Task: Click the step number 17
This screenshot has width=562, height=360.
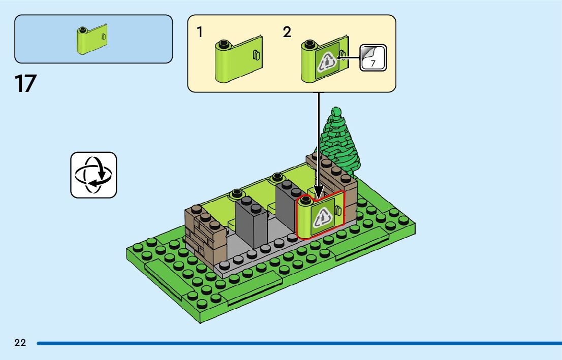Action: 26,84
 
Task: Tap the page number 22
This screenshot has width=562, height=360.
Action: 20,343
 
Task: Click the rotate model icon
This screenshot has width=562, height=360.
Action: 93,175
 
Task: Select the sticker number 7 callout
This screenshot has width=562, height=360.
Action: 373,57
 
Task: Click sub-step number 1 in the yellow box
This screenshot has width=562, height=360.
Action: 200,32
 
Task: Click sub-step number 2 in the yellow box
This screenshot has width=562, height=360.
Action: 287,32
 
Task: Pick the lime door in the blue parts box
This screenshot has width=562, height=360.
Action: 91,38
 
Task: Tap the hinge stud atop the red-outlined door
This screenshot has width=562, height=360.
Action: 306,202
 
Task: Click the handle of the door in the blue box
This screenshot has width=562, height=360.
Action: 104,37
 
